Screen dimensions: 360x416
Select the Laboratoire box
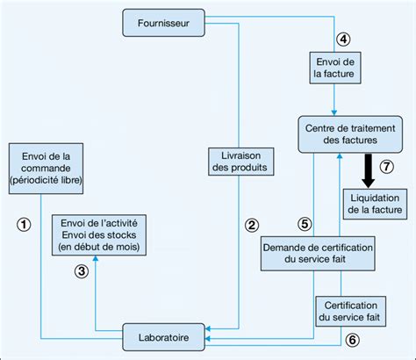pyautogui.click(x=164, y=335)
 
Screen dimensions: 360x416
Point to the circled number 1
pyautogui.click(x=25, y=224)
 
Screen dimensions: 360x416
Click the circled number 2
pyautogui.click(x=252, y=225)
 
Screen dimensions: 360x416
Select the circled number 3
pyautogui.click(x=81, y=271)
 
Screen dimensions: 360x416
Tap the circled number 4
pyautogui.click(x=344, y=38)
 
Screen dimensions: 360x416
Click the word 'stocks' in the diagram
pyautogui.click(x=119, y=234)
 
